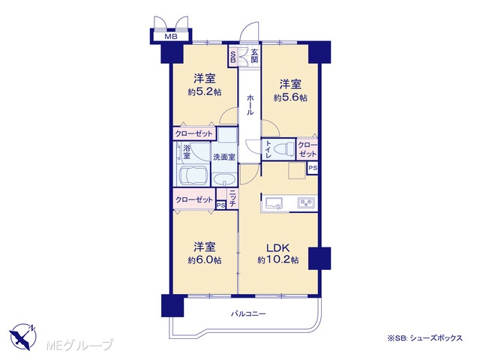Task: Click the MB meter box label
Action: [x=171, y=37]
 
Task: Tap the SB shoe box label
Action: [x=232, y=57]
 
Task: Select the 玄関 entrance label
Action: [x=254, y=56]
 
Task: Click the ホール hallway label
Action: [x=250, y=104]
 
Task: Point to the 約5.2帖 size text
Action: [x=205, y=91]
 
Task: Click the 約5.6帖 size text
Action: [x=290, y=97]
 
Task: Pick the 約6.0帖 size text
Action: [x=205, y=260]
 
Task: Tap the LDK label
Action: [x=278, y=247]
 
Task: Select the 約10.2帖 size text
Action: [x=278, y=260]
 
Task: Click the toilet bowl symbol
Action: [x=284, y=150]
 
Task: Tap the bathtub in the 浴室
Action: [x=193, y=175]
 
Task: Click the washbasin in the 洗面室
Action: [x=224, y=179]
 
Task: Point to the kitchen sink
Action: [x=274, y=203]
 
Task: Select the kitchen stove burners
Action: [x=306, y=202]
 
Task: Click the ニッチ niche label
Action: [x=232, y=198]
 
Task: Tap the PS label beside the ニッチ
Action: [x=220, y=205]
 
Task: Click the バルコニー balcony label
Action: [x=248, y=313]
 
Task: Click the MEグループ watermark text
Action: [x=80, y=345]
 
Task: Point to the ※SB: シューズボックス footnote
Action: [x=425, y=338]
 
